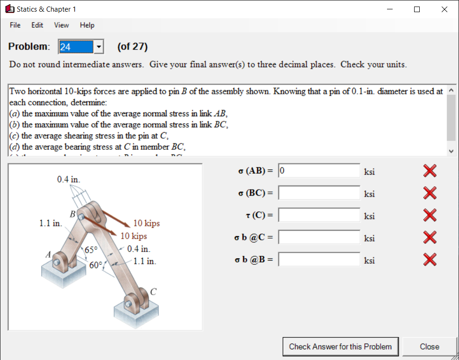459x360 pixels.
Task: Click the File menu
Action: click(15, 25)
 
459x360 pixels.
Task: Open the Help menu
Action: click(87, 25)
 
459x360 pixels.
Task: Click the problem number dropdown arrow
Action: click(99, 47)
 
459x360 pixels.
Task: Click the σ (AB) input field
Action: click(319, 171)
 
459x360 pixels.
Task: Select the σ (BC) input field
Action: click(319, 193)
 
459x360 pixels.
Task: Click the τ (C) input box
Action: click(319, 215)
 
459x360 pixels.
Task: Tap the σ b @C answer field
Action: click(319, 237)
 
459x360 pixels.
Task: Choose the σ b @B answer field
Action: click(319, 259)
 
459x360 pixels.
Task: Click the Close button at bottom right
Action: click(429, 346)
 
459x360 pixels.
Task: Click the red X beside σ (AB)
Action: click(430, 171)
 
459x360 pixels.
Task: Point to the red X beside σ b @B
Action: click(430, 260)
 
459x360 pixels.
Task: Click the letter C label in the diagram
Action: click(153, 292)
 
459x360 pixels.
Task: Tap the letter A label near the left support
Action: click(48, 255)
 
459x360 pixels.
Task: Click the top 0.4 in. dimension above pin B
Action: click(68, 179)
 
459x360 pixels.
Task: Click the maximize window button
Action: click(417, 9)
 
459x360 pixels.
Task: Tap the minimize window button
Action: click(389, 9)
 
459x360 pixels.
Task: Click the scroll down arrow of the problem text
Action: click(451, 151)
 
